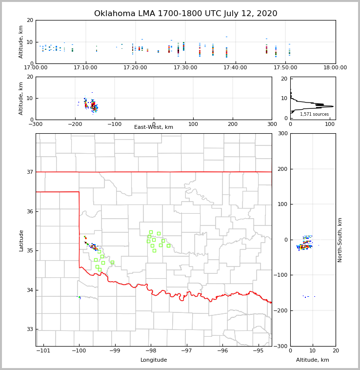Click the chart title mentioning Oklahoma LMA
(x=185, y=14)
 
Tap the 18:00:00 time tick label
(x=336, y=68)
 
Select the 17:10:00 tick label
(x=86, y=68)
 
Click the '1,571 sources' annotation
(x=314, y=114)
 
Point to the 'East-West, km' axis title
(x=154, y=127)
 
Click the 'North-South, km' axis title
(x=340, y=240)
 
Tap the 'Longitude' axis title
(x=154, y=360)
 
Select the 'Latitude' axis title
(x=21, y=240)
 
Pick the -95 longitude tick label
(x=258, y=350)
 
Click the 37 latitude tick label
(x=29, y=172)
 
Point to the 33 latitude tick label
(x=29, y=329)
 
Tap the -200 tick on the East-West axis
(x=75, y=124)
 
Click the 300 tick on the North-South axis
(x=282, y=133)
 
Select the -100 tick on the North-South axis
(x=280, y=275)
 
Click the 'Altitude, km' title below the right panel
(x=313, y=360)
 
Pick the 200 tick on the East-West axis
(x=233, y=124)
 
